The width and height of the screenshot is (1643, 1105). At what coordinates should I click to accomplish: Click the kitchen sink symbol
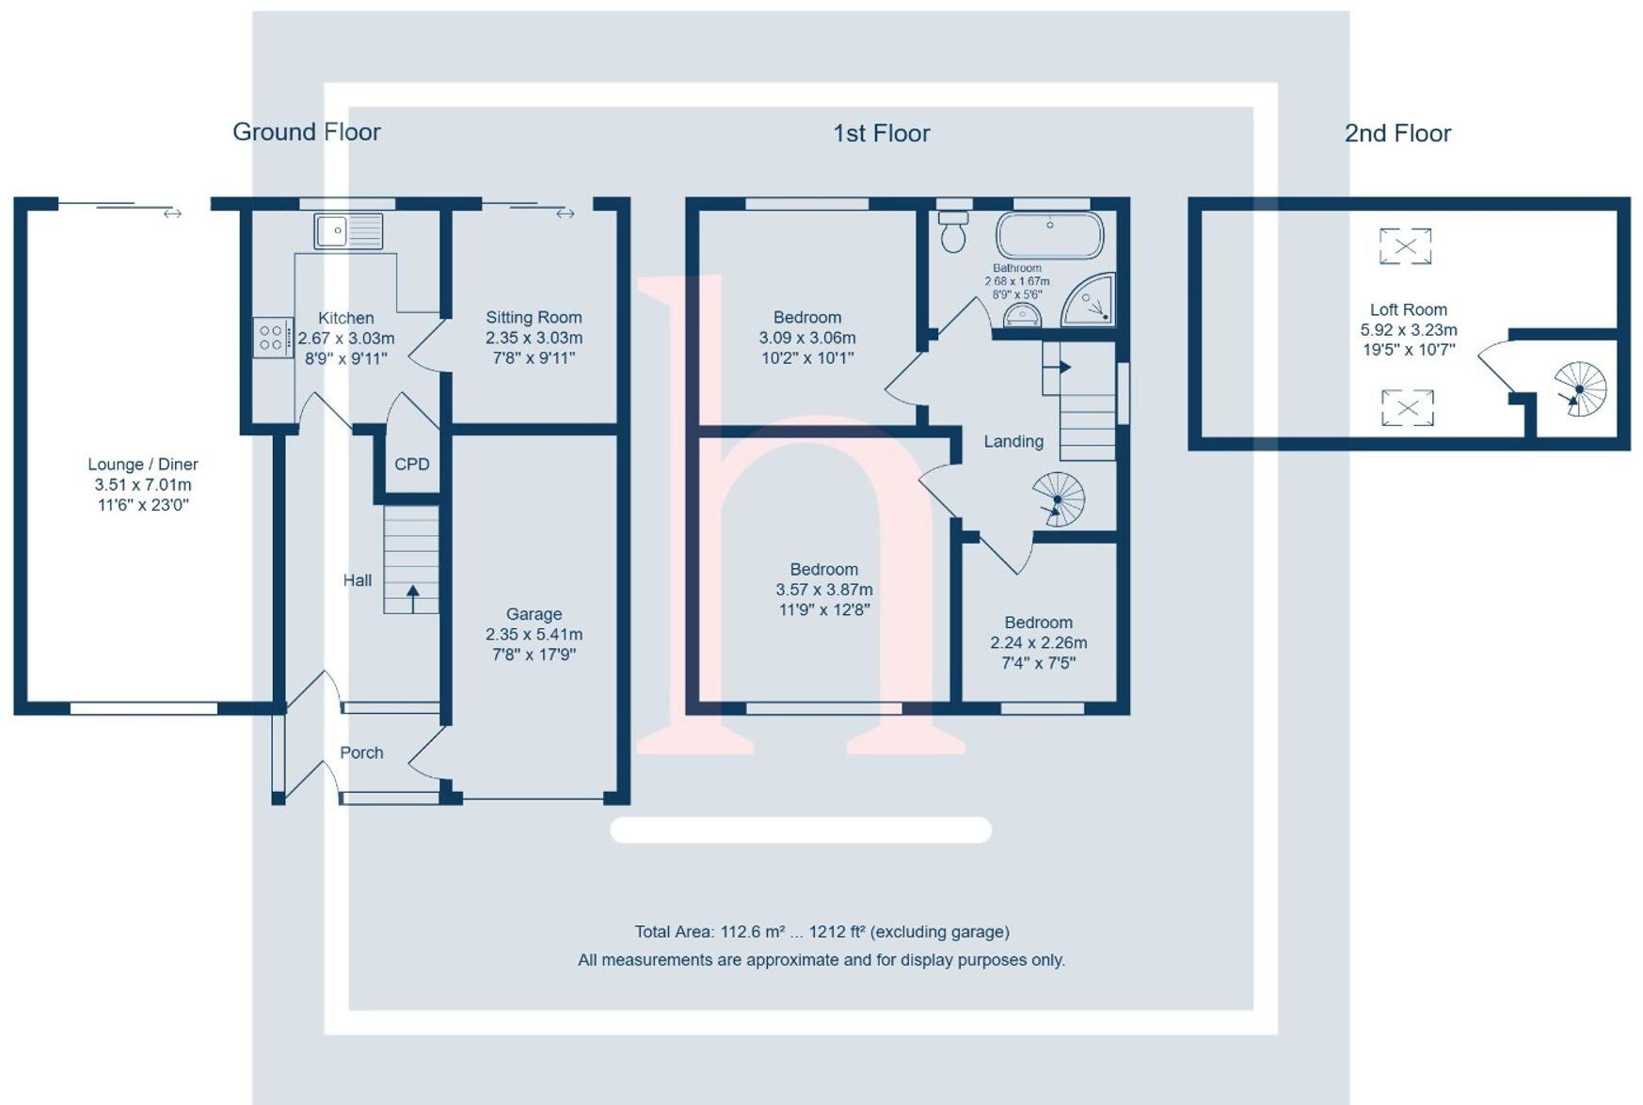pyautogui.click(x=348, y=230)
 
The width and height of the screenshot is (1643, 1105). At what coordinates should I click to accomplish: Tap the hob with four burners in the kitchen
pyautogui.click(x=271, y=338)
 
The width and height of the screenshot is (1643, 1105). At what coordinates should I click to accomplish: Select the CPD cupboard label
pyautogui.click(x=412, y=464)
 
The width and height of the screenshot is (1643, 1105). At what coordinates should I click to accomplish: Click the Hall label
pyautogui.click(x=357, y=580)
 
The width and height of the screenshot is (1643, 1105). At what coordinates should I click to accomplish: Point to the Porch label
pyautogui.click(x=361, y=752)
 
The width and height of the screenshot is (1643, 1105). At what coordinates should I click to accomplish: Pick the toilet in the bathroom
pyautogui.click(x=953, y=231)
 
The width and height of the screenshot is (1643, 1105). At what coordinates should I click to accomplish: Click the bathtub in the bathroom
pyautogui.click(x=1049, y=234)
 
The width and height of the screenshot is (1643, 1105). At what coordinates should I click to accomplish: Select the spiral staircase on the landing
pyautogui.click(x=1059, y=499)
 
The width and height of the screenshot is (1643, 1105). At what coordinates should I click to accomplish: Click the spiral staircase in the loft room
pyautogui.click(x=1580, y=389)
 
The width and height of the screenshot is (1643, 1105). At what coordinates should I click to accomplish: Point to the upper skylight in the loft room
pyautogui.click(x=1405, y=246)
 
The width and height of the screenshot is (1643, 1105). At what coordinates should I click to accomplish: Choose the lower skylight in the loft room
pyautogui.click(x=1407, y=408)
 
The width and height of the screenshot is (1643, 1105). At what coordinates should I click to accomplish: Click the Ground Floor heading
pyautogui.click(x=306, y=132)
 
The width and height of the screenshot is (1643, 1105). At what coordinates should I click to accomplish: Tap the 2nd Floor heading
pyautogui.click(x=1397, y=134)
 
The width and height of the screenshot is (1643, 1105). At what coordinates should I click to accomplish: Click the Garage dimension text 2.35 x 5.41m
pyautogui.click(x=534, y=635)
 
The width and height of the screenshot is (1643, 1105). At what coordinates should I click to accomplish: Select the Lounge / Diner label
pyautogui.click(x=143, y=464)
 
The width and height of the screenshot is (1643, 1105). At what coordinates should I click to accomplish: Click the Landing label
pyautogui.click(x=1013, y=441)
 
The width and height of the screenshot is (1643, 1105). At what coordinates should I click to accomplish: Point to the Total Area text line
pyautogui.click(x=821, y=932)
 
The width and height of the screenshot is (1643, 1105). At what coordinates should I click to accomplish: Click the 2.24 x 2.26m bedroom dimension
pyautogui.click(x=1038, y=643)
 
